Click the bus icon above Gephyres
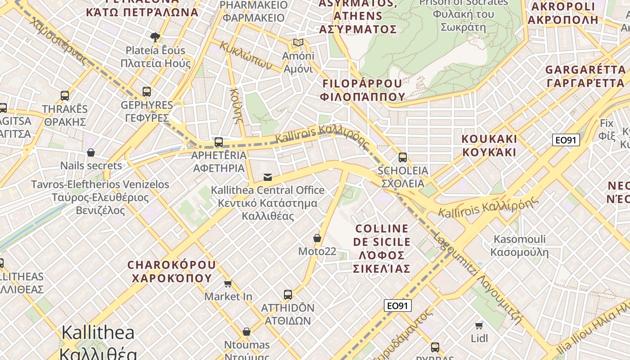(147, 92)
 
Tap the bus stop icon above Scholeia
(403, 157)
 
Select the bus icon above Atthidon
(288, 295)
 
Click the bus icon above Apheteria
(219, 142)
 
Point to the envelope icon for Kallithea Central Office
(268, 177)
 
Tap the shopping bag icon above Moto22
(317, 238)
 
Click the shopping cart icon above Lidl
(479, 325)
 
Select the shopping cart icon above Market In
(228, 283)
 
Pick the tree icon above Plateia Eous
(155, 37)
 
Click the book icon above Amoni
(298, 43)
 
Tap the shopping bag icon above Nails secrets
(91, 153)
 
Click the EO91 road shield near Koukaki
(566, 140)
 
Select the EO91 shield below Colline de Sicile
(398, 306)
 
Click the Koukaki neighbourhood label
(489, 145)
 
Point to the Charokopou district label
(171, 271)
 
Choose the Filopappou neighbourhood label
(362, 90)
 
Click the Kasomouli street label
(519, 245)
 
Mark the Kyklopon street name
(247, 55)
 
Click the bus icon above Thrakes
(65, 96)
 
